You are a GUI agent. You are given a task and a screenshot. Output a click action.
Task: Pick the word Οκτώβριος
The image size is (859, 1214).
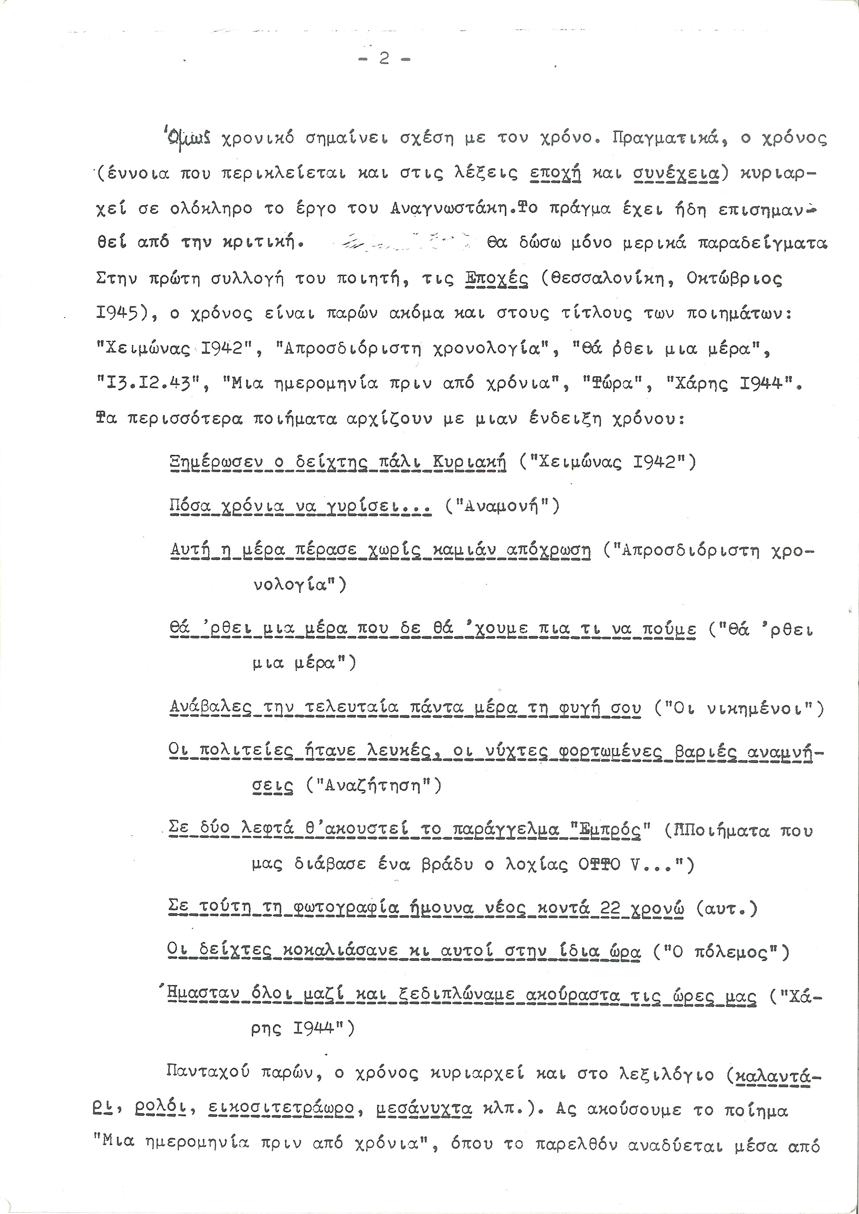pyautogui.click(x=735, y=278)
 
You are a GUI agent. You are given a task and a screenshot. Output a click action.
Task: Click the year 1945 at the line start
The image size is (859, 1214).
pyautogui.click(x=117, y=314)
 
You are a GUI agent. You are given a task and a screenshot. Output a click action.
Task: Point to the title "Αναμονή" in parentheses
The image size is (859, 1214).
pyautogui.click(x=502, y=507)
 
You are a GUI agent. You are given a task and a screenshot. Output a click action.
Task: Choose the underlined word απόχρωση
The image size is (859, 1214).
pyautogui.click(x=548, y=550)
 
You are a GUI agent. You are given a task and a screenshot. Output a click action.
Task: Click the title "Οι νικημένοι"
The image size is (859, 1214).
pyautogui.click(x=739, y=708)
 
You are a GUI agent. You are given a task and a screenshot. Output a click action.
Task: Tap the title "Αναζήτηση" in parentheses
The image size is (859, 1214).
pyautogui.click(x=373, y=786)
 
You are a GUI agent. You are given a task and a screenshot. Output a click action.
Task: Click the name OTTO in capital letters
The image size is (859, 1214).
pyautogui.click(x=598, y=865)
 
